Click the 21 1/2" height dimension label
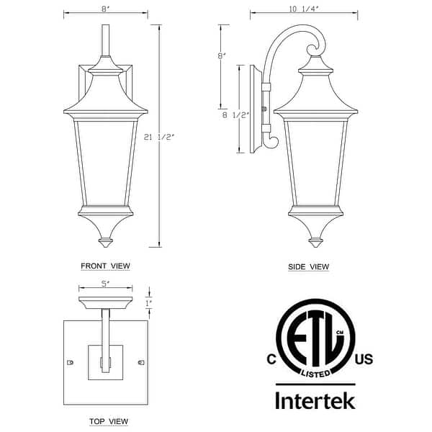(160, 136)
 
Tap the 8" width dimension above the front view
(105, 10)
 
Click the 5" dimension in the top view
(105, 284)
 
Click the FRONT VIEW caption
(105, 266)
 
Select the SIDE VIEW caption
(308, 267)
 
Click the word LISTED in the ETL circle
(315, 373)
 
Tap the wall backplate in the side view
(254, 109)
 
